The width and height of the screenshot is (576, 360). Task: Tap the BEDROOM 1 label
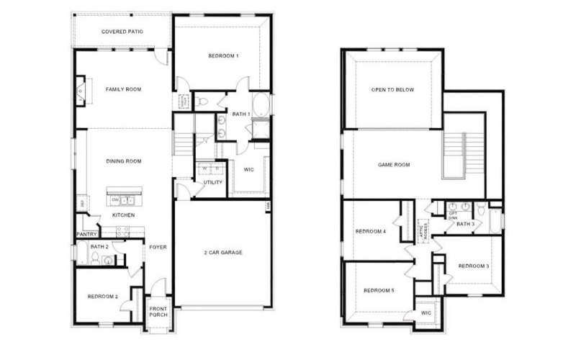coord(223,56)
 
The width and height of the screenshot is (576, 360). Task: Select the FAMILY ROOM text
coord(123,89)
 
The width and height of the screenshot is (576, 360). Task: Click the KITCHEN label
coord(122,215)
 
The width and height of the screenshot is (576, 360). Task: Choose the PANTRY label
coord(87,234)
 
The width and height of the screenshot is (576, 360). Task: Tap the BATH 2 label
coord(100,247)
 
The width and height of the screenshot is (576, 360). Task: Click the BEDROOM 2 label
coord(103,296)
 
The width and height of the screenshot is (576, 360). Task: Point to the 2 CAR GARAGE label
coord(222,253)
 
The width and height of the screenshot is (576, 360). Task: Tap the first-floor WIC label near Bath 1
coord(249,170)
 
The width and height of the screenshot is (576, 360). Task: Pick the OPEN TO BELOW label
coord(394,91)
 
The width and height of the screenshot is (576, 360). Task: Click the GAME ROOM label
coord(394,165)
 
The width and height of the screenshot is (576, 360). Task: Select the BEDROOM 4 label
coord(371,231)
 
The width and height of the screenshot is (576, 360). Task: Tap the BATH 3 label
coord(465,224)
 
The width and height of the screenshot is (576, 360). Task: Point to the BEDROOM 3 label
coord(473,266)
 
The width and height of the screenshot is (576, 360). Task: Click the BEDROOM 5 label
coord(379,291)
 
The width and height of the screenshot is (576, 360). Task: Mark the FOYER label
coord(158,247)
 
